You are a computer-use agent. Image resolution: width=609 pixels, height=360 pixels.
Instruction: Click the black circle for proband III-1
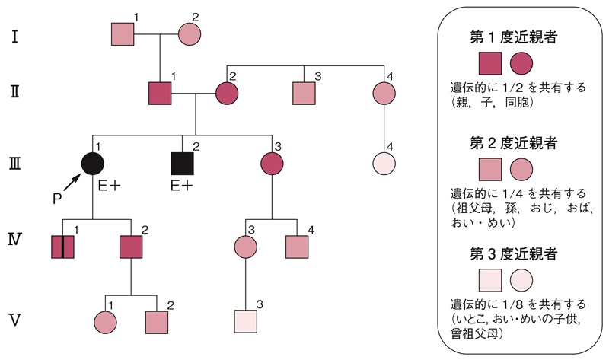coord(92,163)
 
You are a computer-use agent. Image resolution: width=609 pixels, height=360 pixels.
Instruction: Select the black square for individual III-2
coord(182,163)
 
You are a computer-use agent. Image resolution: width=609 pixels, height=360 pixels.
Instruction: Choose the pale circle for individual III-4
coord(384,163)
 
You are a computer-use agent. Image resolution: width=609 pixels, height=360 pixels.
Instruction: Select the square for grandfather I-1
coord(123,34)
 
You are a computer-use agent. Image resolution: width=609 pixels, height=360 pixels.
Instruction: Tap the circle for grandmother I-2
coord(190,34)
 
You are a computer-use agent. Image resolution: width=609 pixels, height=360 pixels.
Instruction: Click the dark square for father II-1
coord(160,93)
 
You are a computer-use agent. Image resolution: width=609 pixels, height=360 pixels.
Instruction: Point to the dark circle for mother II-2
coord(227,93)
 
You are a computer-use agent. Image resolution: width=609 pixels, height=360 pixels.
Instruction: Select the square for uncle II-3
coord(304,93)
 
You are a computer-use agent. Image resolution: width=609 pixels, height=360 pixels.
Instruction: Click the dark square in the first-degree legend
coord(489,66)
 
